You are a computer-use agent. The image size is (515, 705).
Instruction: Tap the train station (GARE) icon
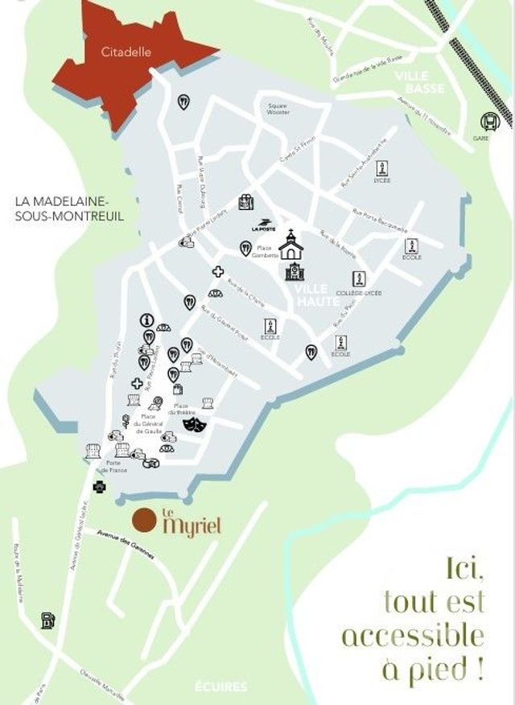[x=489, y=122]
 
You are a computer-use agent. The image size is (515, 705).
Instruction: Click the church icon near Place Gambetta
[x=290, y=244]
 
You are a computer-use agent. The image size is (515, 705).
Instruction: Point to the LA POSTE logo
[x=262, y=225]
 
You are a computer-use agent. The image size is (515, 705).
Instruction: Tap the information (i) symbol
[x=147, y=320]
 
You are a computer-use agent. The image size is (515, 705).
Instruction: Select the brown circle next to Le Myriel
[x=144, y=521]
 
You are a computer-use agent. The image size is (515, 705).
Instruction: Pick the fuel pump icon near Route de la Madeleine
[x=48, y=620]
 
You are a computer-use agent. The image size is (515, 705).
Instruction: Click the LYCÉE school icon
[x=383, y=169]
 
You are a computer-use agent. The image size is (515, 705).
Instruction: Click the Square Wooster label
[x=278, y=109]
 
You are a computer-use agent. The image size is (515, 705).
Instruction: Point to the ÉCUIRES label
[x=221, y=687]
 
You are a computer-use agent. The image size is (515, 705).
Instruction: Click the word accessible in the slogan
[x=413, y=635]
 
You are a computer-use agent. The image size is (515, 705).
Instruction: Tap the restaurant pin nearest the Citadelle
[x=183, y=101]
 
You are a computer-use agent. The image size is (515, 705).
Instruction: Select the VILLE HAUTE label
[x=313, y=295]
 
